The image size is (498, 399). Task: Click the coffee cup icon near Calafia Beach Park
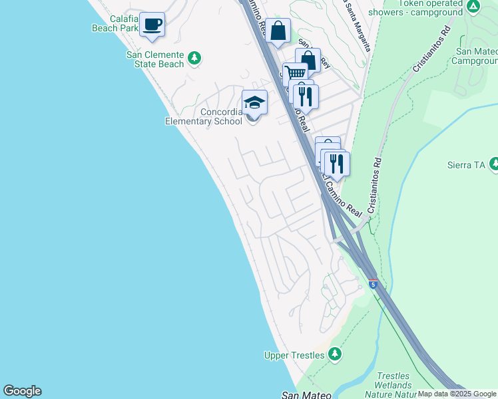pos(152,25)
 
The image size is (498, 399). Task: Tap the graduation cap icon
pos(254,102)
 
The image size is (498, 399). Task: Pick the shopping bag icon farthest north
pos(278,30)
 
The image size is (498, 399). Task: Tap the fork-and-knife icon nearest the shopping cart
pos(306,96)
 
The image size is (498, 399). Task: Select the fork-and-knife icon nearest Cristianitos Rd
pos(336,162)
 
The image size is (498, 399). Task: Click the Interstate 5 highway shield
pos(373,285)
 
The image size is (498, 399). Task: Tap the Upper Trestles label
pos(294,355)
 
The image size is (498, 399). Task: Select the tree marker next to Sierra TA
pos(494,163)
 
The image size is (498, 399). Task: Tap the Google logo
pos(22,391)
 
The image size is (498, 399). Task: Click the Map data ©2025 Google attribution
pos(457,394)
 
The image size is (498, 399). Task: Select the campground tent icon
pos(473,7)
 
